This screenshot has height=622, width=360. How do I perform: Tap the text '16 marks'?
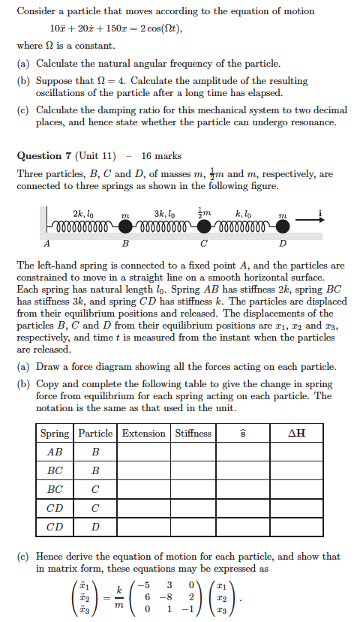pyautogui.click(x=161, y=156)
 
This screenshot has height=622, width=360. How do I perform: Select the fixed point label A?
pyautogui.click(x=48, y=244)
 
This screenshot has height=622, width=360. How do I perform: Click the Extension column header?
pyautogui.click(x=143, y=433)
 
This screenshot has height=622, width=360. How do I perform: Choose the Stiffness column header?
pyautogui.click(x=193, y=433)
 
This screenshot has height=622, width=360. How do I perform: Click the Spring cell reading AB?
pyautogui.click(x=55, y=452)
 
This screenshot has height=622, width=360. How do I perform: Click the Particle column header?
pyautogui.click(x=95, y=433)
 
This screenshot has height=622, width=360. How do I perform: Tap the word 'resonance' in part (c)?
pyautogui.click(x=308, y=122)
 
